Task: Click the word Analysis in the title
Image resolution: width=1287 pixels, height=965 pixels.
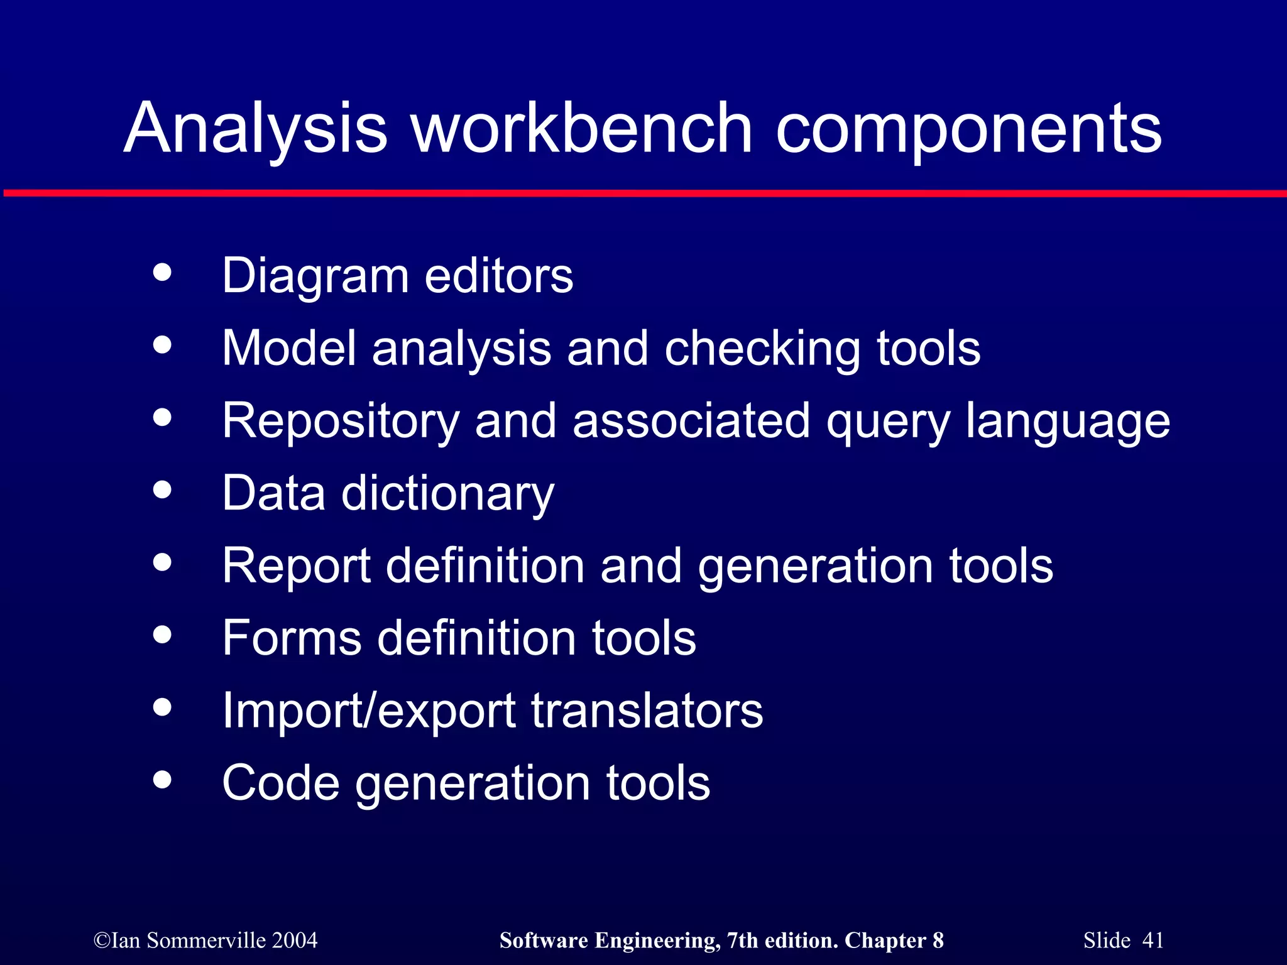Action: coord(255,129)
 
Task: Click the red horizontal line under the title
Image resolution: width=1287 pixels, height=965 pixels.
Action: coord(643,194)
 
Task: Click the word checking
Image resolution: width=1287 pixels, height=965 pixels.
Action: coord(762,349)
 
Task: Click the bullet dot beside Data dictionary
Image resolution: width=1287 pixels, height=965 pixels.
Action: coord(162,490)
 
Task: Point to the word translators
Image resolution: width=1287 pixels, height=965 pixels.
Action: coord(647,711)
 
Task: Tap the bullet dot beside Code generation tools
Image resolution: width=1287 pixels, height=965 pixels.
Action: coord(162,780)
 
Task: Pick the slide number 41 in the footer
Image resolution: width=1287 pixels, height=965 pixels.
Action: coord(1153,940)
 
